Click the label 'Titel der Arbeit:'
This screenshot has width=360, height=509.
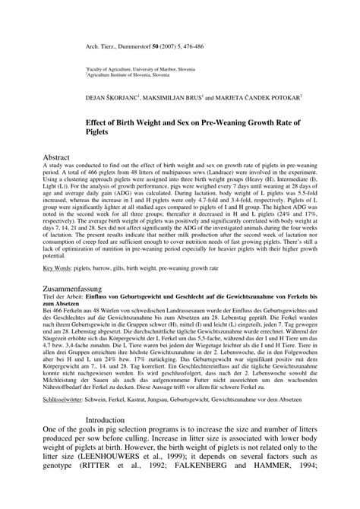(x=64, y=321)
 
